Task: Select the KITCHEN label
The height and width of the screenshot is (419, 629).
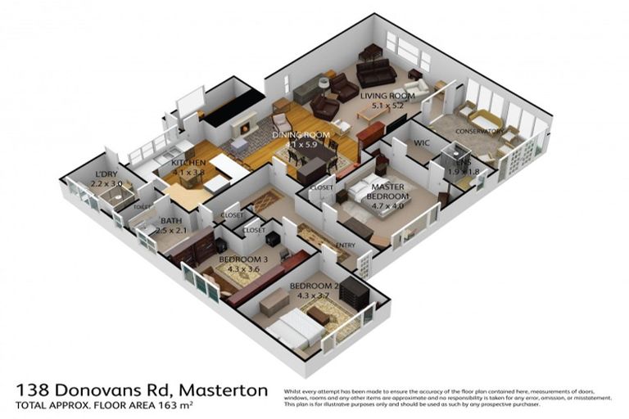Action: click(x=188, y=164)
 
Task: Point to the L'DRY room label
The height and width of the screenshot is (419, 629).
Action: click(x=106, y=175)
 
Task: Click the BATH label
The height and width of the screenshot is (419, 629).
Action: click(x=171, y=221)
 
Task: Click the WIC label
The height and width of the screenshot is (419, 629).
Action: click(x=422, y=144)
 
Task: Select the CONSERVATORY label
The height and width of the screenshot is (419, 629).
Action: click(x=479, y=130)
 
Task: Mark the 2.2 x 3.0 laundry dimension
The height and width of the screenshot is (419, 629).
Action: click(x=106, y=185)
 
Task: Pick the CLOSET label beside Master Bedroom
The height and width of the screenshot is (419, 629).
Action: click(x=321, y=188)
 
